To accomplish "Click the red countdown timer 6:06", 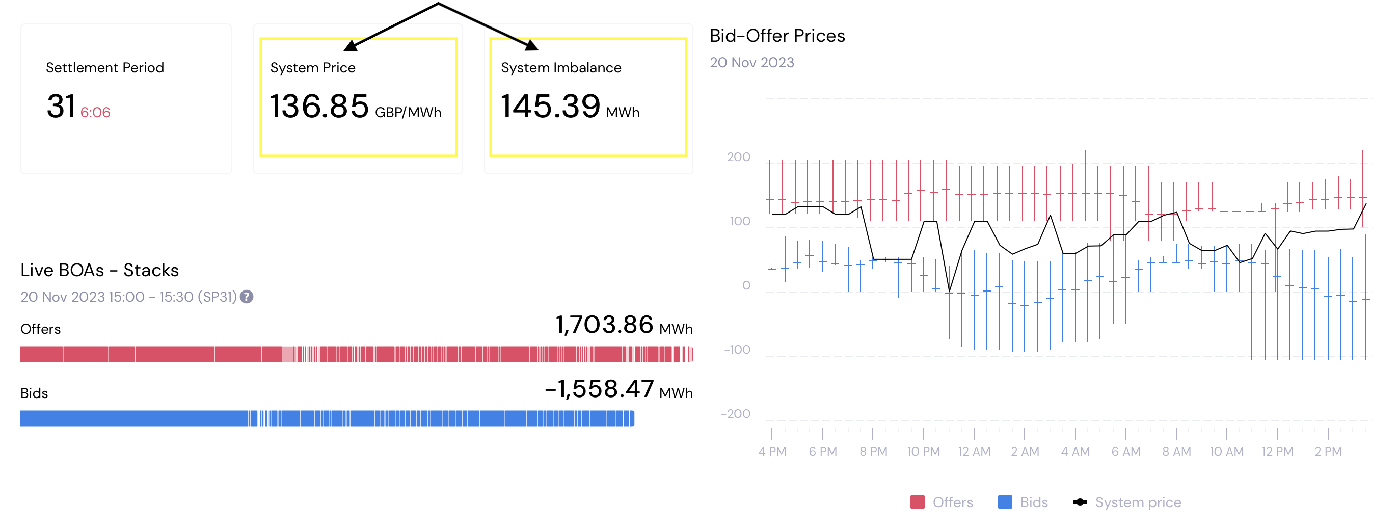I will [95, 113].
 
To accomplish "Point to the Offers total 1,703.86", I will [604, 325].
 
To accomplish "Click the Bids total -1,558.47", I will [599, 389].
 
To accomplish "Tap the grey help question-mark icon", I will [247, 297].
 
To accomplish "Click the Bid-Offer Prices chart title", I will [776, 36].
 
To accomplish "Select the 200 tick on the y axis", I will [738, 157].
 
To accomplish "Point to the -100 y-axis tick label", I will [737, 350].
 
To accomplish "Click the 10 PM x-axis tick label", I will [923, 451].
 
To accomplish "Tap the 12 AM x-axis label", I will [974, 451].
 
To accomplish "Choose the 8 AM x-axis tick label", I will [1176, 451].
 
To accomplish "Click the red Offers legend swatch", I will [917, 502].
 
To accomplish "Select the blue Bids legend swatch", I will [1005, 502].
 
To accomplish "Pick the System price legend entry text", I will [1138, 502].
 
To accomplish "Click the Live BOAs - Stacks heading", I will [99, 270].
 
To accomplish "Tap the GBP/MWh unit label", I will [408, 113].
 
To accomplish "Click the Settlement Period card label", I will [105, 67].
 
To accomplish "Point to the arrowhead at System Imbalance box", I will [532, 45].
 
